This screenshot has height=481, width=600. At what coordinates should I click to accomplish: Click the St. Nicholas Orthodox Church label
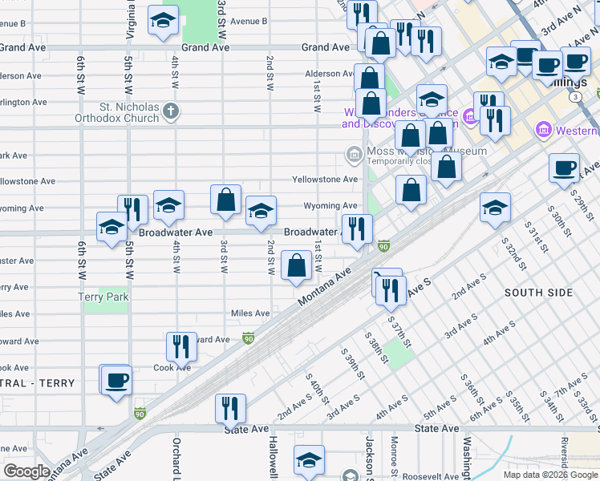(x=129, y=111)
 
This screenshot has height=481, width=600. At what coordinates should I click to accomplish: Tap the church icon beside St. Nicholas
(x=170, y=111)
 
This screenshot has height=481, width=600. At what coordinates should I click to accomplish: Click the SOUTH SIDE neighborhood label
(x=538, y=293)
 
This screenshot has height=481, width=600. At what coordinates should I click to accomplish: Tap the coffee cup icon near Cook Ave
(x=116, y=379)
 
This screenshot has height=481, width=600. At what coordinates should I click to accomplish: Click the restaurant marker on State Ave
(x=230, y=407)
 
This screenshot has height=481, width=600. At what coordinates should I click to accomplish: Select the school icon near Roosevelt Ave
(x=309, y=460)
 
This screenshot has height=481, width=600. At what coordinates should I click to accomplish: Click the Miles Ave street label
(x=250, y=313)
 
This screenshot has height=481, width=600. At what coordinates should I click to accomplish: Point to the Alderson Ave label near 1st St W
(x=329, y=74)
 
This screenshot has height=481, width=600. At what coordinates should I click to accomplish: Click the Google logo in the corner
(x=26, y=471)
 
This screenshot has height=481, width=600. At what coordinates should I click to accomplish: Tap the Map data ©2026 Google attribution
(x=550, y=475)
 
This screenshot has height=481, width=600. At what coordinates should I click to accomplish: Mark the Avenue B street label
(x=249, y=22)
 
